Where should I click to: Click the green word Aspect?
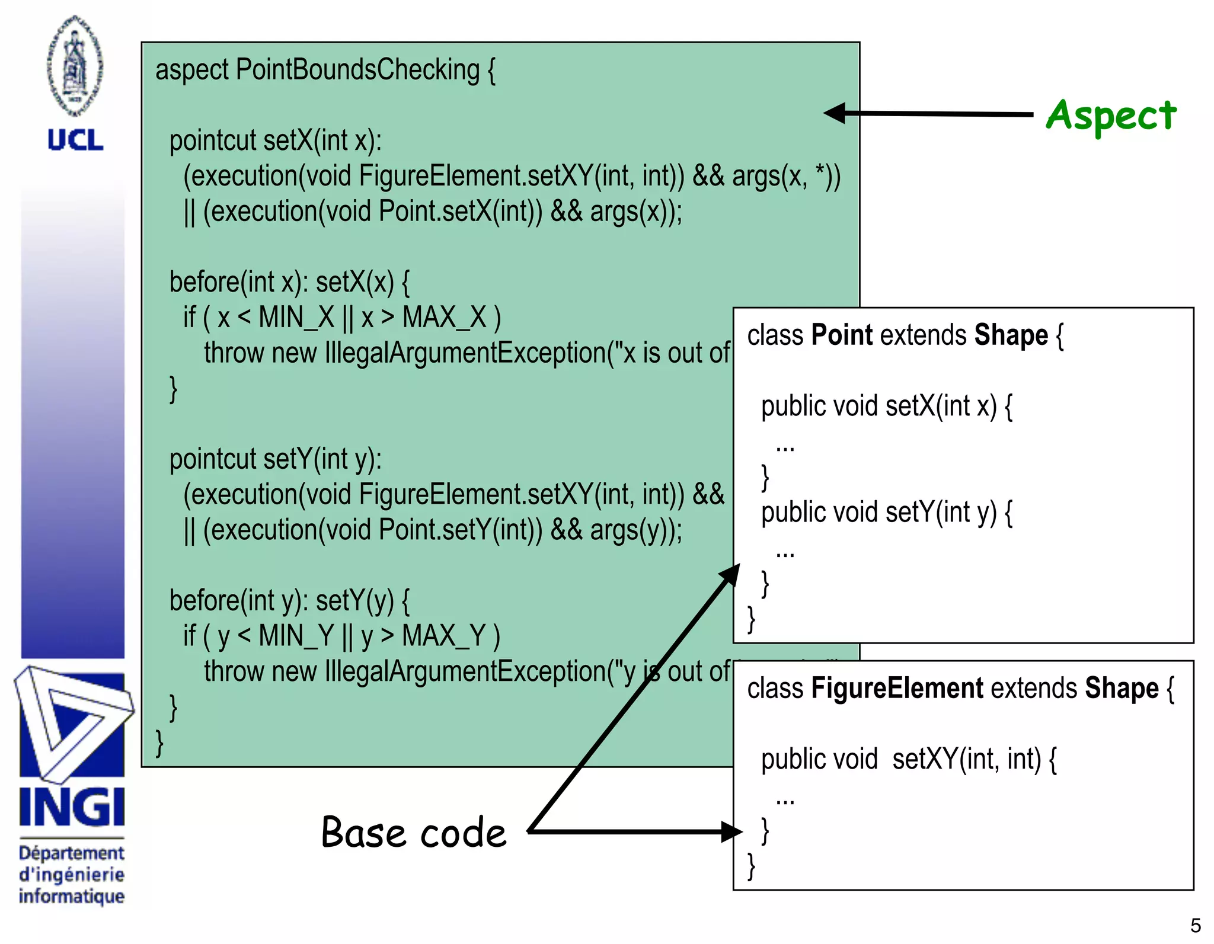point(1111,116)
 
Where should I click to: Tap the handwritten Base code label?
point(414,832)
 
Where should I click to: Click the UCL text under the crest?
point(75,140)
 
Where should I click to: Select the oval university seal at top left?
point(75,65)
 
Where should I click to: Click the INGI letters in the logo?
point(72,807)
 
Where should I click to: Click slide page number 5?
point(1195,925)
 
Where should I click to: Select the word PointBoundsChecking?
point(357,71)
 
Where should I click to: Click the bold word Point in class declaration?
point(842,335)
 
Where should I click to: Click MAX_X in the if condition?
point(445,318)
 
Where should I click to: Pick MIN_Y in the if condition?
point(296,636)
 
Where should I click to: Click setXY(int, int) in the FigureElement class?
point(966,760)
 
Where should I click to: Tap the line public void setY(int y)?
point(886,513)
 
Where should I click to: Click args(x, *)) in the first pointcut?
point(786,177)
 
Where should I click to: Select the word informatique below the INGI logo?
point(72,895)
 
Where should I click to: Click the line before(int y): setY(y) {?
point(289,601)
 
